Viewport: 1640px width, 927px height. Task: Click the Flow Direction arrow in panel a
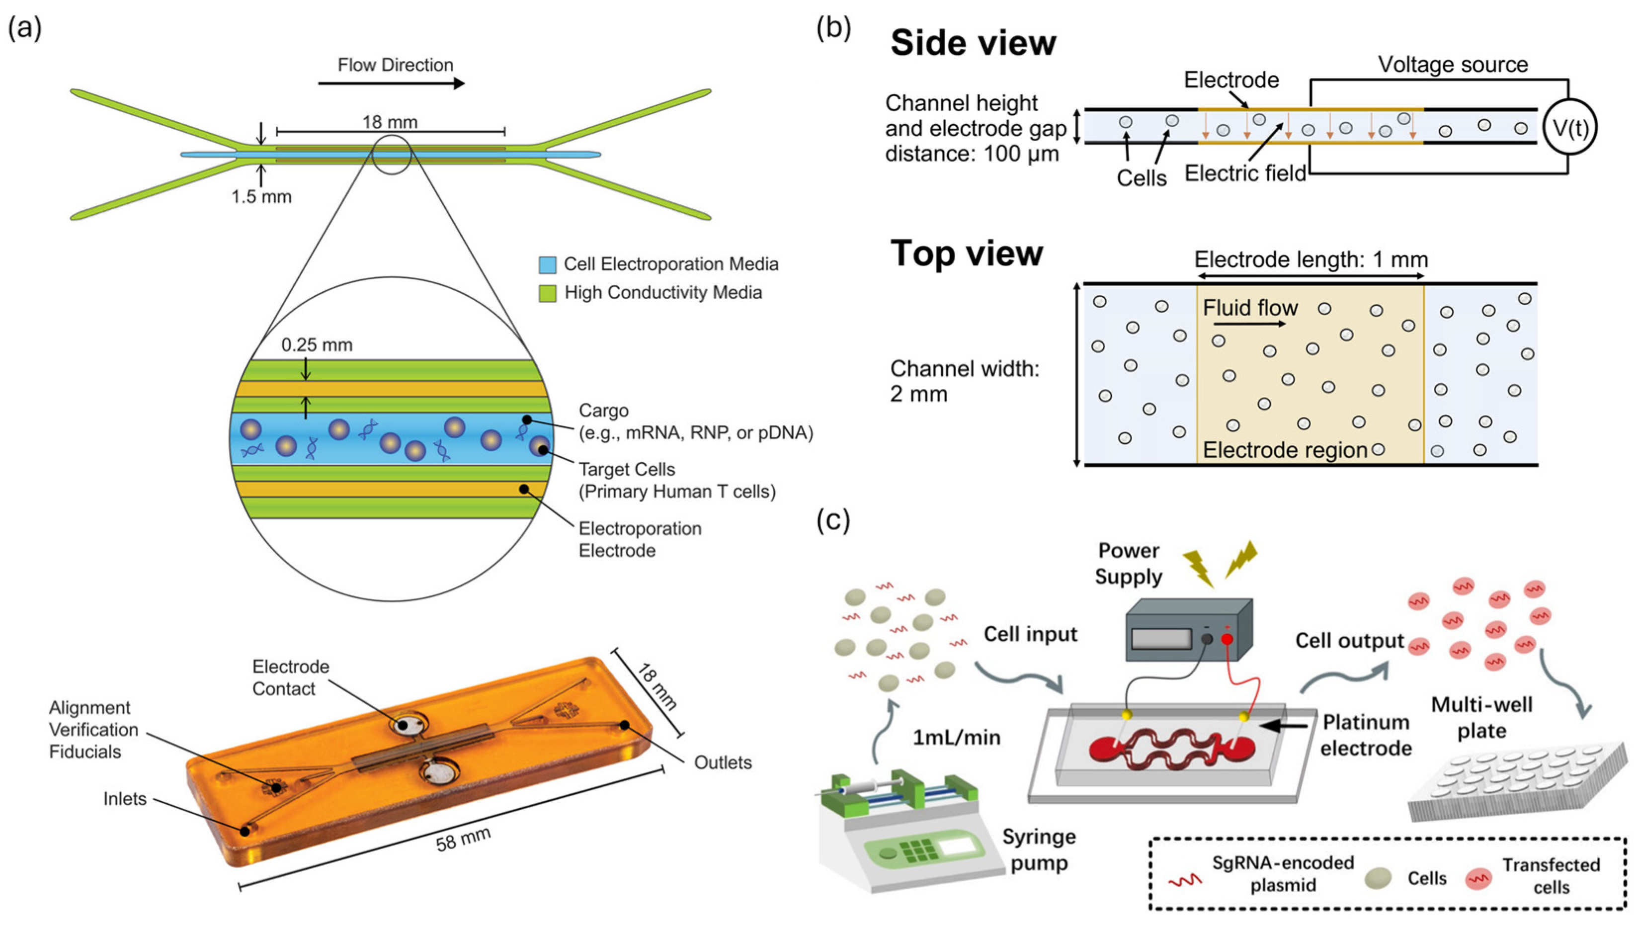tap(391, 84)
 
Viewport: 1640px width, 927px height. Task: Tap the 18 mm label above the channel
tap(390, 122)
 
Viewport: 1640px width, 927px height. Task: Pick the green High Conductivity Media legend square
tap(548, 293)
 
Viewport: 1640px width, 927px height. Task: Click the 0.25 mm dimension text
tap(317, 345)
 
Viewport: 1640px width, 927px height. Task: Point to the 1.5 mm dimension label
tap(261, 197)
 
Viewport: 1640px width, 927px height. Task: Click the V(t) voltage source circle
tap(1570, 127)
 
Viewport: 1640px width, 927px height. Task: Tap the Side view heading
tap(973, 43)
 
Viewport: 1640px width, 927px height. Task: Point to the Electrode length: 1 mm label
tap(1311, 260)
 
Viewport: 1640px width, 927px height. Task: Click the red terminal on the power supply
tap(1227, 639)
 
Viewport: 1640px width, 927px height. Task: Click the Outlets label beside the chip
tap(723, 763)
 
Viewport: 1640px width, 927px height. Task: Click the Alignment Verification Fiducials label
tap(93, 730)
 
